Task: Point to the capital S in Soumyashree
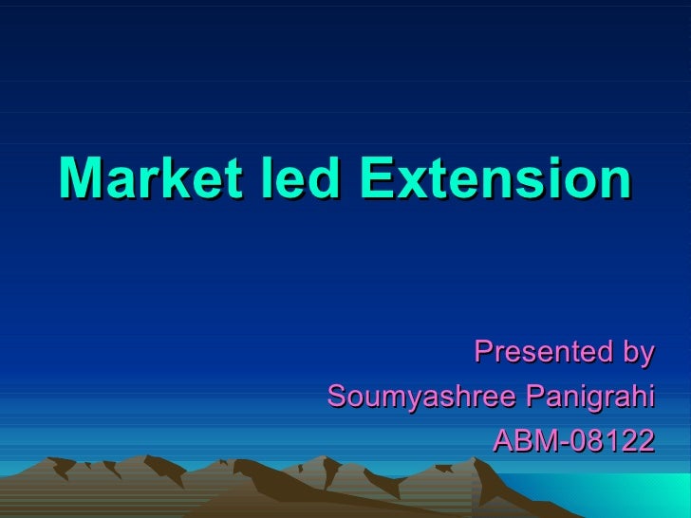335,396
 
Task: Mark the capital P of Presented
481,352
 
